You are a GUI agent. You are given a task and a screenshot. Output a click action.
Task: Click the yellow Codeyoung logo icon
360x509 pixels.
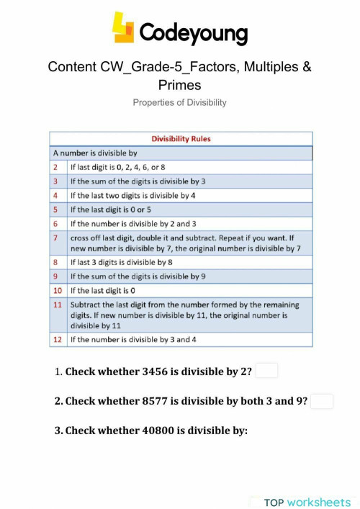pyautogui.click(x=123, y=28)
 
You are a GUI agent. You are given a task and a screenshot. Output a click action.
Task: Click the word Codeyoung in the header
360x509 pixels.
pyautogui.click(x=193, y=32)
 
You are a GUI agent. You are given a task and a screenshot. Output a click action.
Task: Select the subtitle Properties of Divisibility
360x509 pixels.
pyautogui.click(x=179, y=102)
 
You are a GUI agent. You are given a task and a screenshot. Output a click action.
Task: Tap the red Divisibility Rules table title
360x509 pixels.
pyautogui.click(x=180, y=139)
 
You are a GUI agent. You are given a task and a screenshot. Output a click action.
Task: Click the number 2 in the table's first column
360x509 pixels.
pyautogui.click(x=56, y=167)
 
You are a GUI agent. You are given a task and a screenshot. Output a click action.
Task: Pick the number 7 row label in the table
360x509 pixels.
pyautogui.click(x=56, y=237)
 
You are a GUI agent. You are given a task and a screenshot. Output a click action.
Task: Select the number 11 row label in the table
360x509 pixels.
pyautogui.click(x=58, y=305)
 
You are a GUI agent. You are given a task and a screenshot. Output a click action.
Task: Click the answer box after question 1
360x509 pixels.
pyautogui.click(x=266, y=371)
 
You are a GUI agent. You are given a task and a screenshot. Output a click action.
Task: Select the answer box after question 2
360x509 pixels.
pyautogui.click(x=322, y=401)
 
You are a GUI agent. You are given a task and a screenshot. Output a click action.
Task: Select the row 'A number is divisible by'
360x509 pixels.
pyautogui.click(x=94, y=153)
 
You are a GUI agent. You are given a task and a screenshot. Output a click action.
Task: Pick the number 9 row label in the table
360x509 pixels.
pyautogui.click(x=56, y=276)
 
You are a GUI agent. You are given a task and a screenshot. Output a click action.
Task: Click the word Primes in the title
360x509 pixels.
pyautogui.click(x=179, y=85)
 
